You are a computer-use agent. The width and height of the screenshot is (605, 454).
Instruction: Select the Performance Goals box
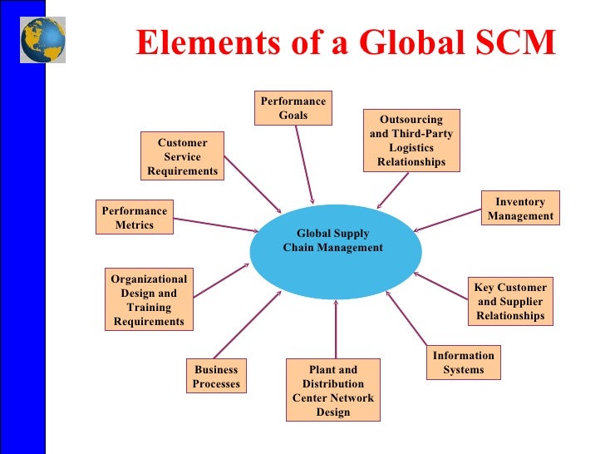[x=293, y=108]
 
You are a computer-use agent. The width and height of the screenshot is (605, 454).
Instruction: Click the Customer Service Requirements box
[x=182, y=156]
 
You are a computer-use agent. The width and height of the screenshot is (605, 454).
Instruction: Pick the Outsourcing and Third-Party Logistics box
[x=411, y=141]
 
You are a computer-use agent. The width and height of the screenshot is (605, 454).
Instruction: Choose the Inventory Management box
[x=520, y=209]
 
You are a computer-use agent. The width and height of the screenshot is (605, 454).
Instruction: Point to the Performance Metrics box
[x=135, y=217]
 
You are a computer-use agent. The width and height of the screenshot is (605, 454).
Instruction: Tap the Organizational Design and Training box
[x=149, y=300]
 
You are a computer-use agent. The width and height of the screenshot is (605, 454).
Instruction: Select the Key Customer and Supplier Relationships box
[x=510, y=301]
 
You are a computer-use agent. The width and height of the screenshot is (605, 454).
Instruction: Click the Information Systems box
[x=463, y=363]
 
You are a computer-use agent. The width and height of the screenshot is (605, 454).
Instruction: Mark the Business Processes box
[x=216, y=377]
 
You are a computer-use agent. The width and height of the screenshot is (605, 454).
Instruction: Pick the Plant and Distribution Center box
[x=332, y=391]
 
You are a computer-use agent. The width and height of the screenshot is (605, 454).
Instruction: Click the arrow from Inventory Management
[x=449, y=219]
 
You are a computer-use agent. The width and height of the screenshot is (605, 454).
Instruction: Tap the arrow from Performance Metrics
[x=216, y=225]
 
